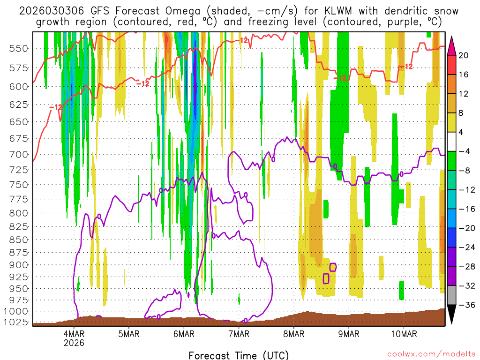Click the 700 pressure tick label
(18, 154)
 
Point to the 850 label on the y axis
(18, 240)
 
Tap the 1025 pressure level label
(15, 322)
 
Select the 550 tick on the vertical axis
(18, 48)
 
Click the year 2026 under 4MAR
(74, 343)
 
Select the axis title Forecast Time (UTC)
(239, 355)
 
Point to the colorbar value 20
(464, 55)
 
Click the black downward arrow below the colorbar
(452, 315)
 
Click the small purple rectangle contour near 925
(326, 278)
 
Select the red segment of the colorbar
(452, 65)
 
